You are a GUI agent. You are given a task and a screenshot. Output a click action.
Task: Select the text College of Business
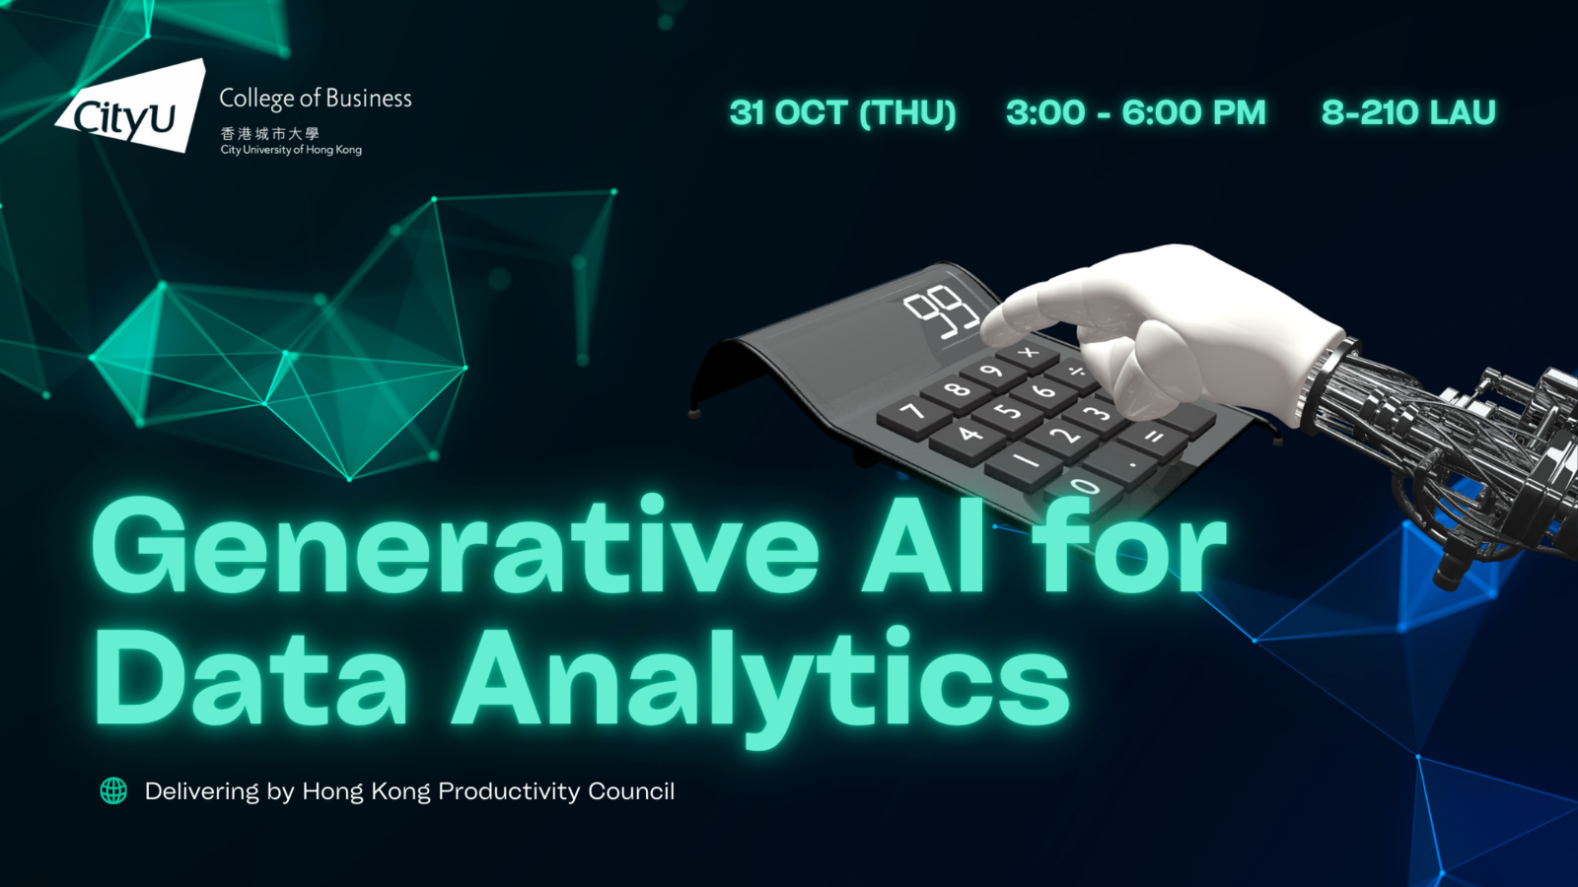pos(316,99)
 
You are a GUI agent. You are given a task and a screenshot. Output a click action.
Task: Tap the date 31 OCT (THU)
pos(843,112)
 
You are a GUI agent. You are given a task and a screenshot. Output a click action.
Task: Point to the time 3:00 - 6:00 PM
pos(1135,112)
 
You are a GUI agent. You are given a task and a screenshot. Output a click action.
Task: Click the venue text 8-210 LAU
pos(1408,112)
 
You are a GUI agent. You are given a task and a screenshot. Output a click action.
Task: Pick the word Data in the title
pos(251,676)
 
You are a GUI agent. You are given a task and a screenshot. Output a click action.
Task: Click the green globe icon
pos(113,791)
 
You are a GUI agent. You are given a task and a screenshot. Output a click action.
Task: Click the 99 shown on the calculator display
pos(941,314)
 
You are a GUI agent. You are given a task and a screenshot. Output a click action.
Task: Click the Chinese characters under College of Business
pos(270,133)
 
